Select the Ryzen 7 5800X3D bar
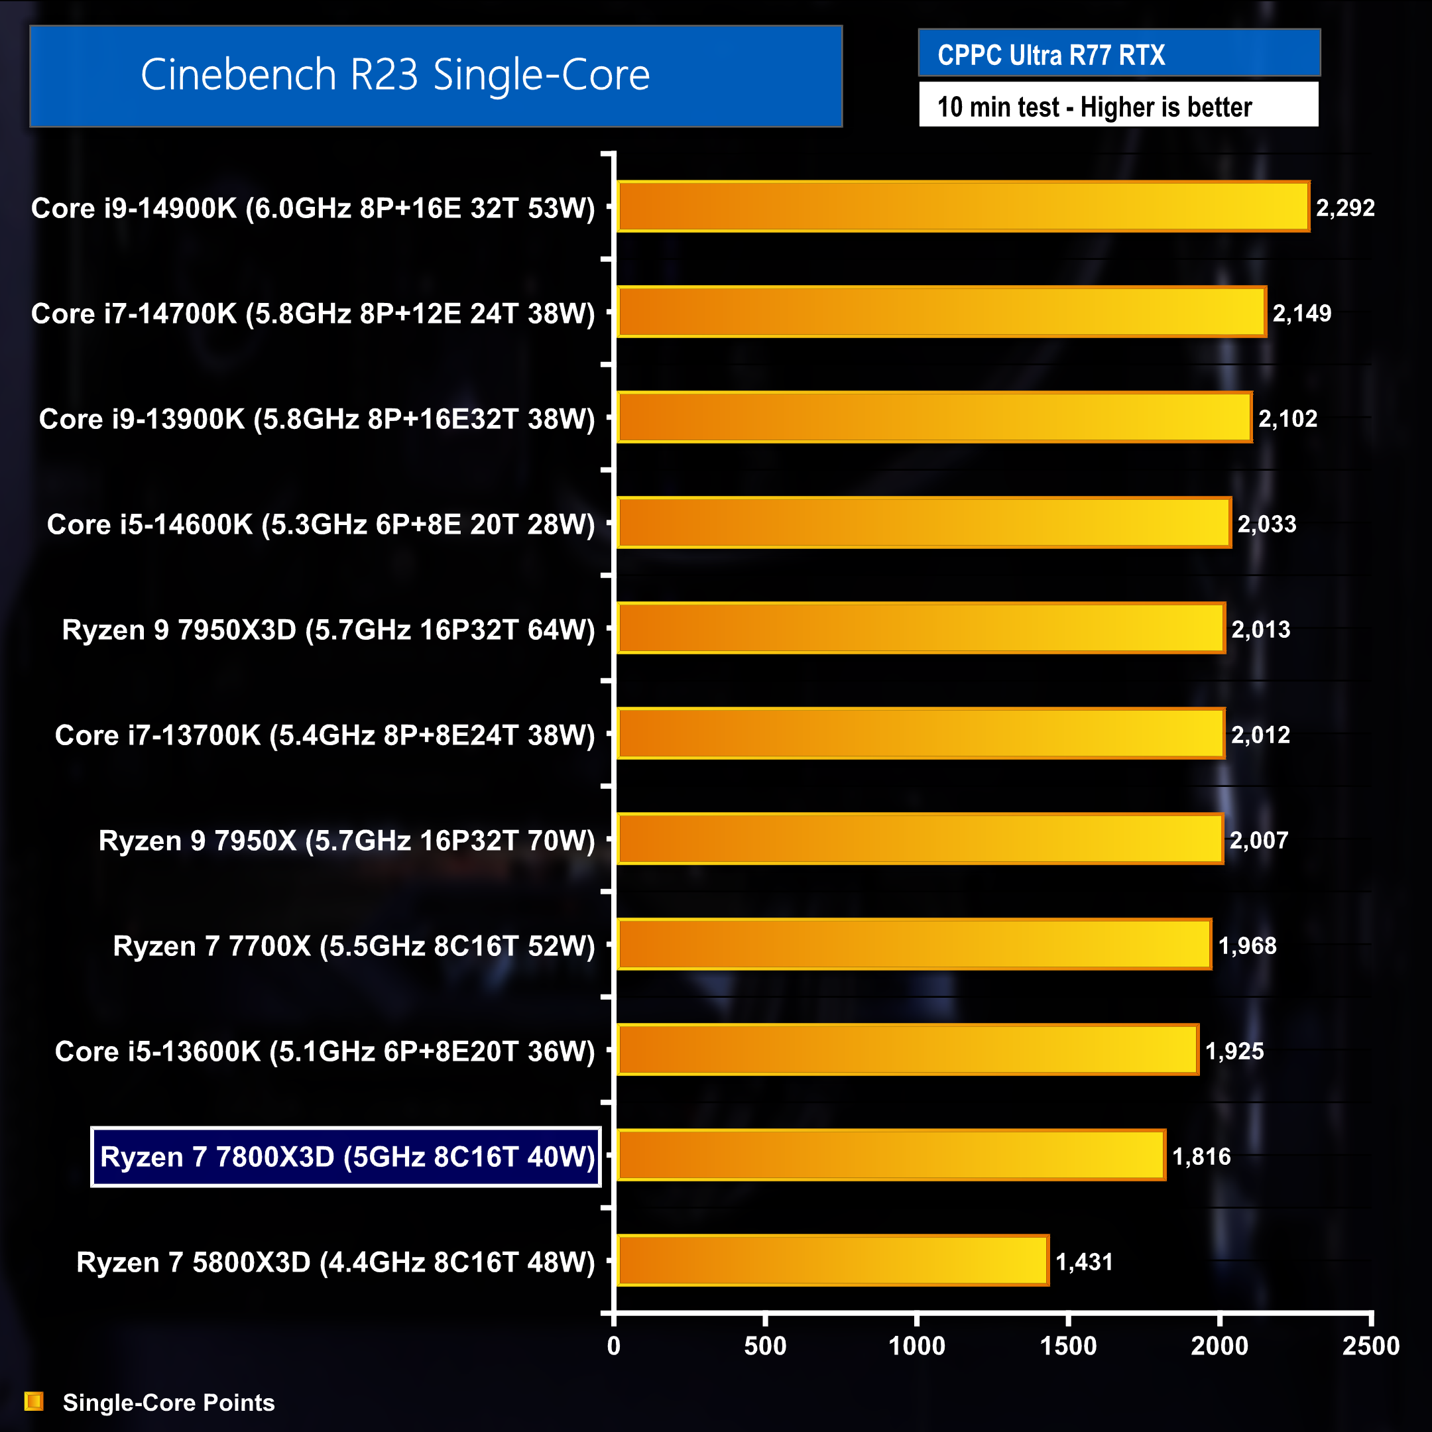pyautogui.click(x=833, y=1261)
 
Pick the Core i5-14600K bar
pyautogui.click(x=924, y=523)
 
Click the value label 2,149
pyautogui.click(x=1301, y=314)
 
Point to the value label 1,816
pyautogui.click(x=1201, y=1156)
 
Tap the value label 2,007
pyautogui.click(x=1258, y=841)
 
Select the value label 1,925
pyautogui.click(x=1234, y=1051)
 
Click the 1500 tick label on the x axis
pyautogui.click(x=1067, y=1346)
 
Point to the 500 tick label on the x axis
pyautogui.click(x=765, y=1346)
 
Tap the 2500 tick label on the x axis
pyautogui.click(x=1370, y=1346)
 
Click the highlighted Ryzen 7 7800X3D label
pyautogui.click(x=346, y=1157)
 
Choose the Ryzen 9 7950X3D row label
pyautogui.click(x=328, y=630)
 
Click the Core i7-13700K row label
pyautogui.click(x=325, y=735)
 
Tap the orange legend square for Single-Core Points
pyautogui.click(x=34, y=1402)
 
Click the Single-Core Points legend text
pyautogui.click(x=168, y=1402)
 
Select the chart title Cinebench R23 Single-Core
pyautogui.click(x=395, y=75)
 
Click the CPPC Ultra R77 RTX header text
pyautogui.click(x=1050, y=55)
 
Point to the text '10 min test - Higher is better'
pyautogui.click(x=1094, y=107)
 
